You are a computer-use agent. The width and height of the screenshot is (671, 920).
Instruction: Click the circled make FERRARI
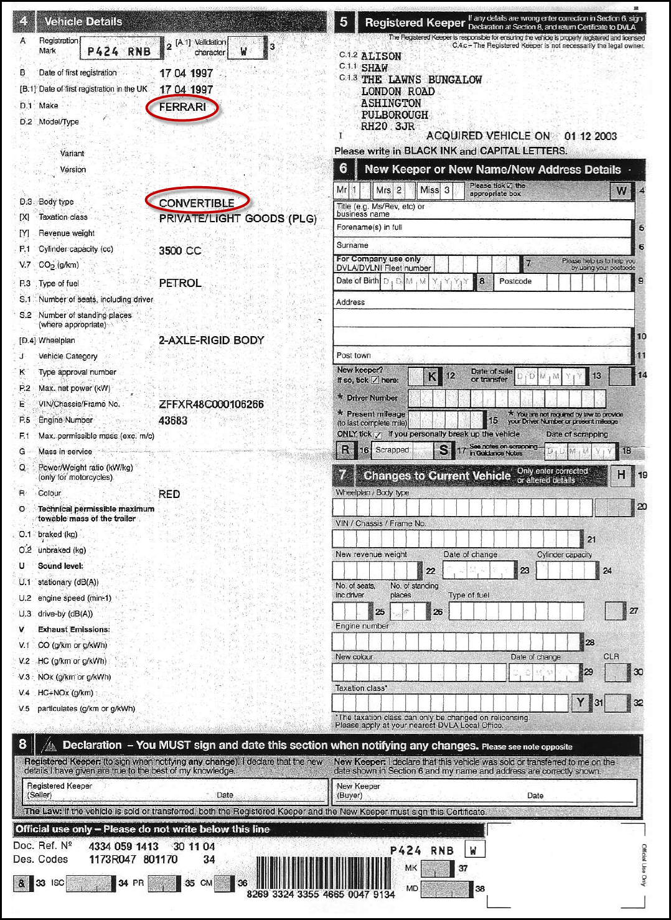click(x=182, y=108)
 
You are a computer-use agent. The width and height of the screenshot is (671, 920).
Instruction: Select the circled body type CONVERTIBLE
click(x=197, y=203)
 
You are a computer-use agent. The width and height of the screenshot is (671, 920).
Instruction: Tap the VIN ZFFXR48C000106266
click(x=211, y=405)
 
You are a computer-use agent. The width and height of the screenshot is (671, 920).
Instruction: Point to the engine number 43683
click(x=173, y=421)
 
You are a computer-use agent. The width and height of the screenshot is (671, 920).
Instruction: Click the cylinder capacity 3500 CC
click(x=180, y=251)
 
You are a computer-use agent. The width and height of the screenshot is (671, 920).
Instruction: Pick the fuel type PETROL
click(x=180, y=283)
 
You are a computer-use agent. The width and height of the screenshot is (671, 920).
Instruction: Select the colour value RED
click(x=169, y=494)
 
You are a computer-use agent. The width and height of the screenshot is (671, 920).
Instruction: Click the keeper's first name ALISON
click(x=381, y=57)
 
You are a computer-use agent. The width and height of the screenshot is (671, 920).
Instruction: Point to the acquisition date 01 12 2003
click(x=590, y=136)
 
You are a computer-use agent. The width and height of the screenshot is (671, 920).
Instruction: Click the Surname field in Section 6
click(x=484, y=245)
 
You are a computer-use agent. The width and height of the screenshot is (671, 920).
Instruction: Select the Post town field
click(x=484, y=355)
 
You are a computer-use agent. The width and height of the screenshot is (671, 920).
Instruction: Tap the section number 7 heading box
click(x=343, y=476)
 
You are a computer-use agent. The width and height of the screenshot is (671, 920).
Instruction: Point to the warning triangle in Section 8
click(x=50, y=745)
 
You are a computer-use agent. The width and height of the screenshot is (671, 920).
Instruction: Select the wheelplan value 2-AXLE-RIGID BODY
click(x=212, y=340)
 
